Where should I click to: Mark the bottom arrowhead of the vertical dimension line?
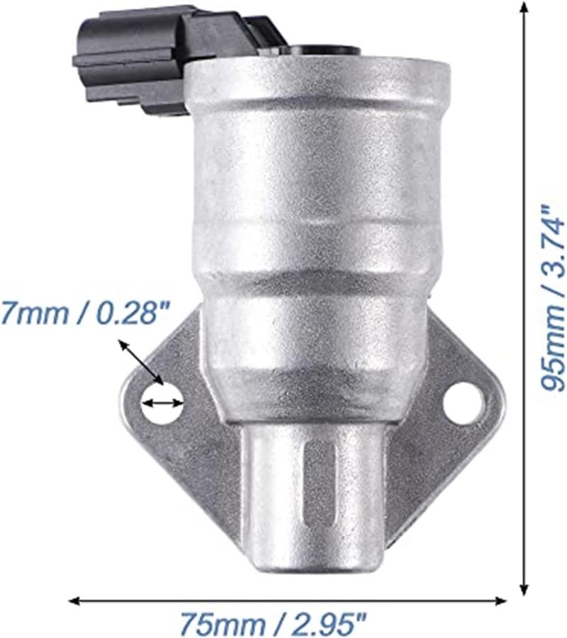(524, 588)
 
